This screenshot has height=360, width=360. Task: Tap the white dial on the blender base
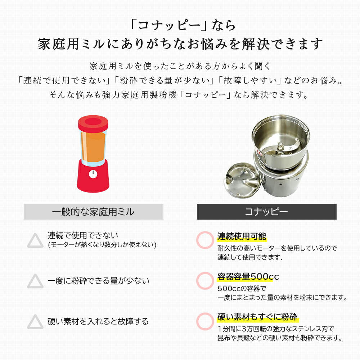[x=93, y=174]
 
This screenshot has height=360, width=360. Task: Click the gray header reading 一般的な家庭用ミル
[x=93, y=212]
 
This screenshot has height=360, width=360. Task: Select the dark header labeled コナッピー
[x=266, y=212]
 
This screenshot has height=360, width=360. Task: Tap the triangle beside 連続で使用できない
[x=35, y=240]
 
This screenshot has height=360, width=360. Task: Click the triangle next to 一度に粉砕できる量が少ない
[x=35, y=281]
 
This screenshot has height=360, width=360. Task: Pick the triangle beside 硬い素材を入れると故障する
[x=35, y=321]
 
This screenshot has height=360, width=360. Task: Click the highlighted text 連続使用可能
[x=242, y=237]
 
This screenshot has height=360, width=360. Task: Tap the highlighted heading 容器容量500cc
[x=248, y=277]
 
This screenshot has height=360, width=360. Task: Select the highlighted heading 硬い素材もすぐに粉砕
[x=257, y=317]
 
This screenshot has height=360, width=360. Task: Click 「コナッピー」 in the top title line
[x=165, y=26]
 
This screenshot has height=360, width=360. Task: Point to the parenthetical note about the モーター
[x=102, y=245]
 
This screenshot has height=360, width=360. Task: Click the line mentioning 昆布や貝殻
[x=279, y=338]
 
